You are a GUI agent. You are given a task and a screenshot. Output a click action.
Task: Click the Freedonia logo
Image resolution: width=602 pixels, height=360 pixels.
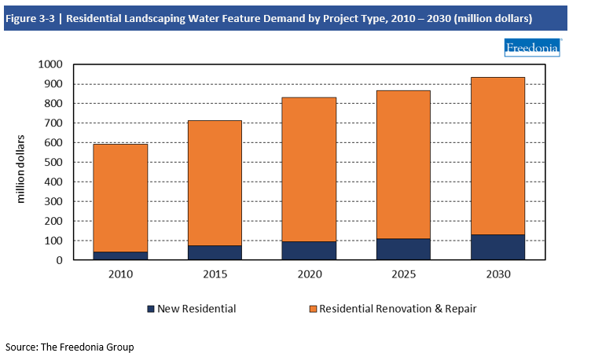532,49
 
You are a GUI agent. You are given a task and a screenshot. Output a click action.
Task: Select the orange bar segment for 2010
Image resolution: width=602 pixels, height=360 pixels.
122,197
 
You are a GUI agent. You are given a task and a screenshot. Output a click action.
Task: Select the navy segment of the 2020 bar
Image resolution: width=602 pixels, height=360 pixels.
310,250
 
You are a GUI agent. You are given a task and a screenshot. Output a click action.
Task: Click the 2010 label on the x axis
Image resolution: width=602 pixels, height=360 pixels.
122,275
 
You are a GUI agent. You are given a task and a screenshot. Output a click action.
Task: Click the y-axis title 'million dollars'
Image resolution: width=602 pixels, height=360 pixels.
21,170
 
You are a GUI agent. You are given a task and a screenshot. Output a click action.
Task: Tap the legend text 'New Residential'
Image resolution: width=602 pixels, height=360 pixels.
196,309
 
